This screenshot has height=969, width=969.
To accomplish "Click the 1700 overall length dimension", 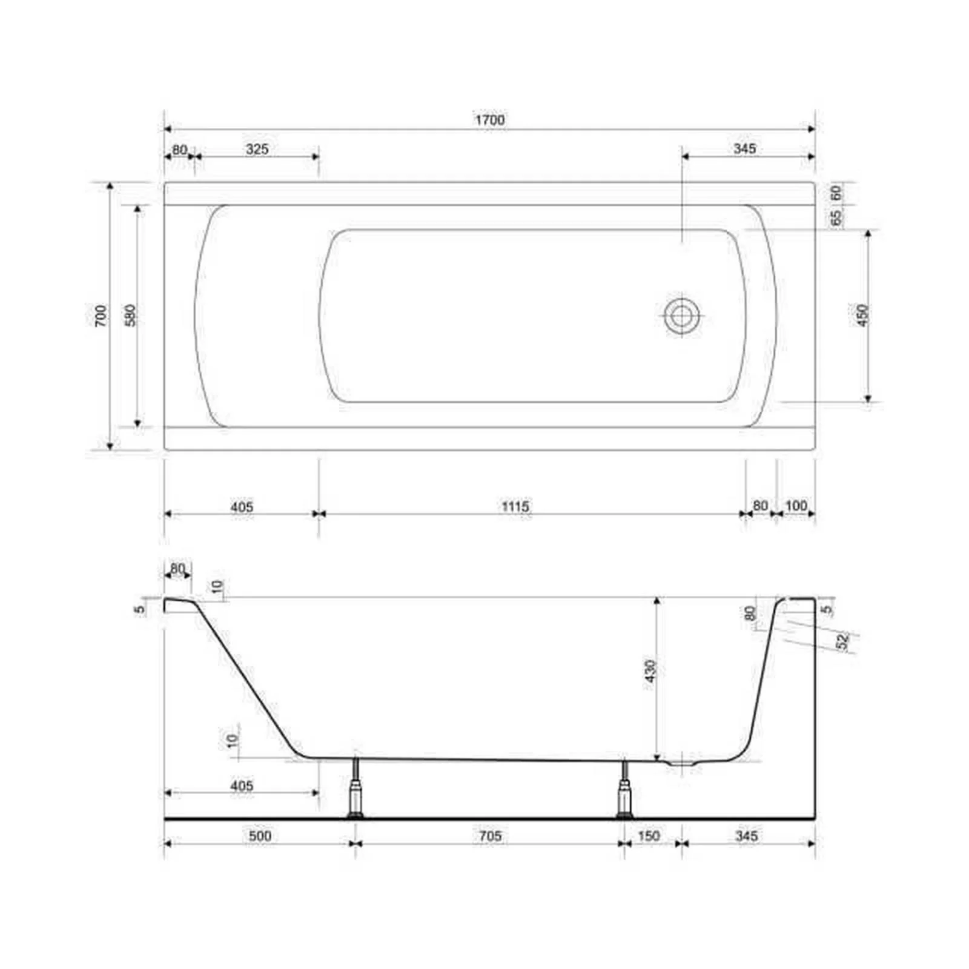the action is (489, 120).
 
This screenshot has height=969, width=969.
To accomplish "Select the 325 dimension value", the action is (257, 149).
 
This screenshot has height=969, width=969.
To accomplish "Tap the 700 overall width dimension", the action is (101, 316).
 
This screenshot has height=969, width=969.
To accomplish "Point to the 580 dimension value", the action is (131, 316).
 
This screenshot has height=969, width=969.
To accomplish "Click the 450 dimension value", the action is (863, 316).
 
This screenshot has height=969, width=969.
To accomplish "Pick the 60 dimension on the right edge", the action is (836, 194).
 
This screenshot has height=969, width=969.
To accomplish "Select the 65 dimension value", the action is (836, 218).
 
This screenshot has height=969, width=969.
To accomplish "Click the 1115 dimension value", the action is (515, 506).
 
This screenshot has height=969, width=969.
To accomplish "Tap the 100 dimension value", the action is (796, 506).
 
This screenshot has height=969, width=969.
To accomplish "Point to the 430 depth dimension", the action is (650, 671).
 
